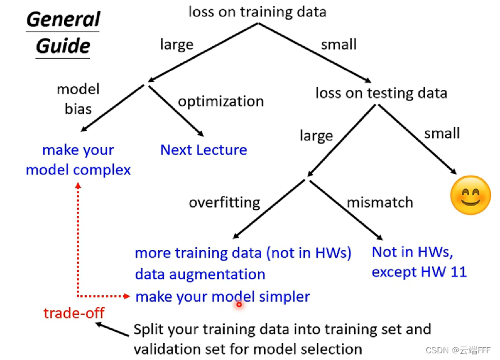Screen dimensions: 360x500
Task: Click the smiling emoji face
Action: coord(470,195)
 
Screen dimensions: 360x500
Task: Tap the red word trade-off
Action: coord(74,313)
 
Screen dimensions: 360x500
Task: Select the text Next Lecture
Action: coord(204,150)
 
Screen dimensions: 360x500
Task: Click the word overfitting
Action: coord(224,202)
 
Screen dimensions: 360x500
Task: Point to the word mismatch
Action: coord(380,202)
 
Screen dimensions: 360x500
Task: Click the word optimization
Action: coord(221,101)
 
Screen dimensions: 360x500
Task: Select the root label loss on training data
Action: coord(257,12)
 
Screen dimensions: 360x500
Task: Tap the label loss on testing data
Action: coord(381,93)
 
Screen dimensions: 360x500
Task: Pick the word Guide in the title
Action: coord(63,46)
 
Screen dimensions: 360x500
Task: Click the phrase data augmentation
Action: coord(200,274)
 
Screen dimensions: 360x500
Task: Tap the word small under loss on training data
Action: coord(339,44)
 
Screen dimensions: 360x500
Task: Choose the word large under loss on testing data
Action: coord(316,135)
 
